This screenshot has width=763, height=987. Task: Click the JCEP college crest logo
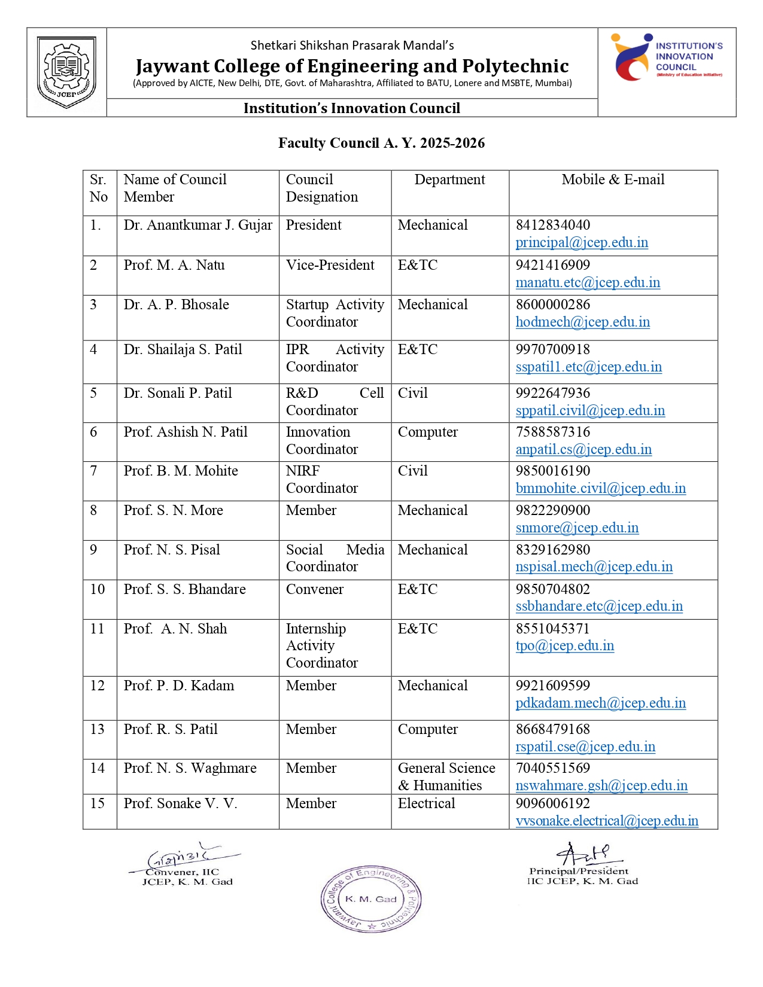click(66, 72)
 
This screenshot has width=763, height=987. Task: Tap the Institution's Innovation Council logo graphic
click(632, 57)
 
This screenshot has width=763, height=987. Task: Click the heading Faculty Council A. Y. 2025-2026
click(381, 143)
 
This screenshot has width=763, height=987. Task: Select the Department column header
click(449, 180)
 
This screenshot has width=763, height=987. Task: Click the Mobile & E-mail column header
click(613, 180)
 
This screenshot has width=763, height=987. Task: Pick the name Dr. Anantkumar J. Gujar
click(197, 226)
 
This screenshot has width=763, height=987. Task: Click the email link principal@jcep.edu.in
click(582, 243)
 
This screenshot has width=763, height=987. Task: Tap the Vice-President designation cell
click(330, 266)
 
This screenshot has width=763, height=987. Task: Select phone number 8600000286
click(553, 305)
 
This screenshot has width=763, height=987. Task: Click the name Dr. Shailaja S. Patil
click(183, 350)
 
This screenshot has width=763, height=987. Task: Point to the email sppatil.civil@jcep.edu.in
click(590, 411)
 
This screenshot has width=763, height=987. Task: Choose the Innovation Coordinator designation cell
click(321, 441)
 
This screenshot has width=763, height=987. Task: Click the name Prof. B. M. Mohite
click(181, 471)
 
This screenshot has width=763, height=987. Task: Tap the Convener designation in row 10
click(315, 590)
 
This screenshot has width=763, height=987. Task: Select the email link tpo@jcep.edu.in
click(565, 646)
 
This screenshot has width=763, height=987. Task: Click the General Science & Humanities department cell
click(446, 777)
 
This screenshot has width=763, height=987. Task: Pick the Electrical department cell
click(426, 804)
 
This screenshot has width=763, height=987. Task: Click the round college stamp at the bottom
click(371, 899)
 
